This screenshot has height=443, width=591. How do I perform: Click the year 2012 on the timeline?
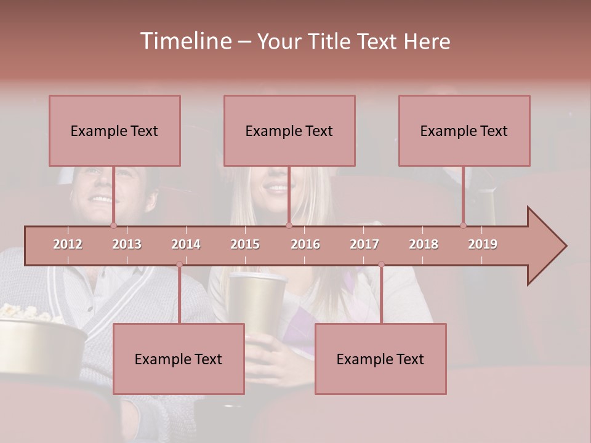[68, 244]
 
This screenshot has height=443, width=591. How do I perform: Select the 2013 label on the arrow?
[127, 244]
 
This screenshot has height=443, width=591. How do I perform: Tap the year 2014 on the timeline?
[186, 244]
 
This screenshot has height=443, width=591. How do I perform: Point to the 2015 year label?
[245, 244]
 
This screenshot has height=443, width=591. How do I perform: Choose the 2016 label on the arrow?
[305, 244]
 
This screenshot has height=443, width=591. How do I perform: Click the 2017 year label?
[364, 244]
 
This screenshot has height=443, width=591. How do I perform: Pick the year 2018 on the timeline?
[424, 244]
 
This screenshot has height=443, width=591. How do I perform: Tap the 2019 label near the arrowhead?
[483, 244]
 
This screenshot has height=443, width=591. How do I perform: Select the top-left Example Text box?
[115, 130]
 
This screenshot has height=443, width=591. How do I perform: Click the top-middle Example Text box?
[289, 130]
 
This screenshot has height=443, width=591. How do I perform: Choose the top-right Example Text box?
[464, 130]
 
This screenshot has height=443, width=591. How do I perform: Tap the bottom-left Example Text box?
[179, 359]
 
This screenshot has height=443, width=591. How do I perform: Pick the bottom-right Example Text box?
[380, 359]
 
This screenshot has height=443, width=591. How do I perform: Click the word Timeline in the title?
[185, 41]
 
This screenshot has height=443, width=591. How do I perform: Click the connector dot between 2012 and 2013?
[114, 225]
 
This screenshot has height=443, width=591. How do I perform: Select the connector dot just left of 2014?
[179, 264]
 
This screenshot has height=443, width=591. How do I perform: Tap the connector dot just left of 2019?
[464, 225]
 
